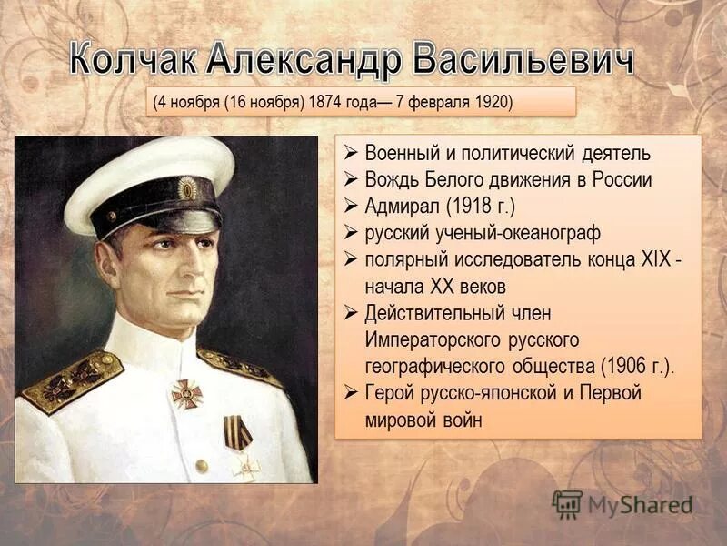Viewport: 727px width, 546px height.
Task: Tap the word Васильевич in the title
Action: coord(519,60)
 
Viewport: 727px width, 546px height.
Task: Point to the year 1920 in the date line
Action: coord(493,101)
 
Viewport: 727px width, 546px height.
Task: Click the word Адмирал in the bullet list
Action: coord(408,206)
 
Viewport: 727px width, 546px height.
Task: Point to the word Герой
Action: coord(393,393)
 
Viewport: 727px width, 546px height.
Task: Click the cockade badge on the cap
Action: coord(187,188)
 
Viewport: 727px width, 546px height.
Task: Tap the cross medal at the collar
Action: coord(186,393)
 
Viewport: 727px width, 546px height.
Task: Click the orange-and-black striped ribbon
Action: coord(238,431)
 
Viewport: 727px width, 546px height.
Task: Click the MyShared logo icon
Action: coord(567,503)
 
